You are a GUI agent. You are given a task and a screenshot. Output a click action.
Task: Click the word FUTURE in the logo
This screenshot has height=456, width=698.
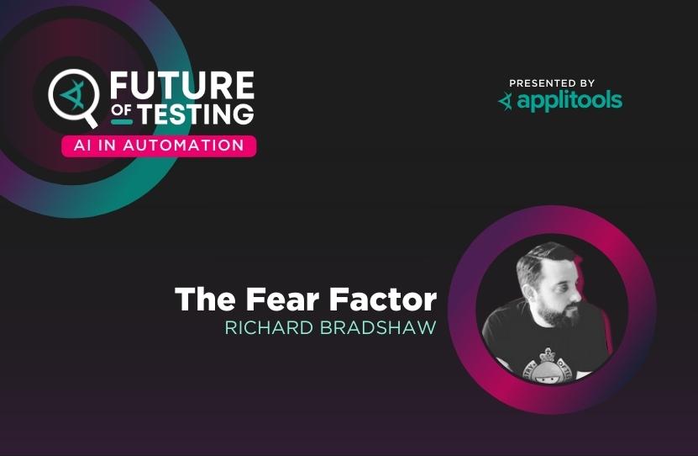point(182,85)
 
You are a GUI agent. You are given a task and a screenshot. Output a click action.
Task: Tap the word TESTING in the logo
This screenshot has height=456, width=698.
point(195,114)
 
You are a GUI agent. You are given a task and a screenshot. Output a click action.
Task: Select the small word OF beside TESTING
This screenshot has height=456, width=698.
point(122,110)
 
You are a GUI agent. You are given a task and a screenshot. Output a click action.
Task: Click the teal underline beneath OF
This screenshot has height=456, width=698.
point(122,122)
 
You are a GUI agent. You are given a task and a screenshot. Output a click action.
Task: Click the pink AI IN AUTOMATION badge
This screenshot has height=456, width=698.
point(159,146)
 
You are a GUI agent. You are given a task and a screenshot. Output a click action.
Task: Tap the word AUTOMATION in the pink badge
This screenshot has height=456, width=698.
point(183,146)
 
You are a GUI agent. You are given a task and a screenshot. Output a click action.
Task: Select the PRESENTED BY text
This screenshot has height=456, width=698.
point(552,83)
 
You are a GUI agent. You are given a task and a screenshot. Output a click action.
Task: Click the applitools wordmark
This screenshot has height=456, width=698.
point(569,101)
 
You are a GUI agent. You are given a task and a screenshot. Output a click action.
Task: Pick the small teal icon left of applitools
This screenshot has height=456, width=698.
point(506,102)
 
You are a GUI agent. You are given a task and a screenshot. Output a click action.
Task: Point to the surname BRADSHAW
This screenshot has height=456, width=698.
point(378,327)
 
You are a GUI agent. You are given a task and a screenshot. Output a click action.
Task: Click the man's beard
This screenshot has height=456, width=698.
point(562,315)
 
